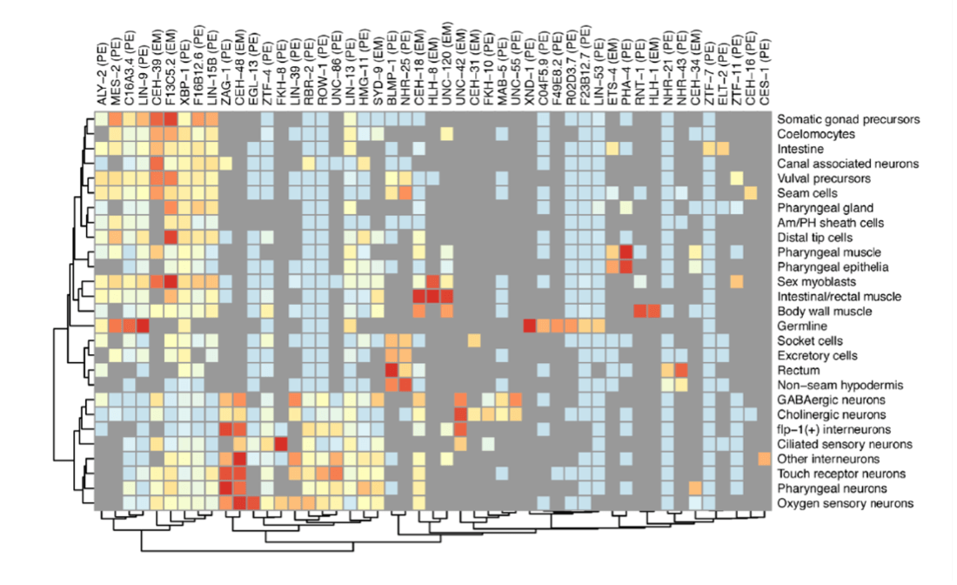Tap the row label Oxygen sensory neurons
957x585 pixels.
pos(845,503)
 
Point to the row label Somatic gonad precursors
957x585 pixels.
pos(849,119)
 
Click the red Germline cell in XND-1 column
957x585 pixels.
pos(528,326)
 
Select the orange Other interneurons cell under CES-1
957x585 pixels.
pos(764,459)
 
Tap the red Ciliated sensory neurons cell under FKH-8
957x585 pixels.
pos(280,444)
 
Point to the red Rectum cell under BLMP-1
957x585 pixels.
pos(391,370)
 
